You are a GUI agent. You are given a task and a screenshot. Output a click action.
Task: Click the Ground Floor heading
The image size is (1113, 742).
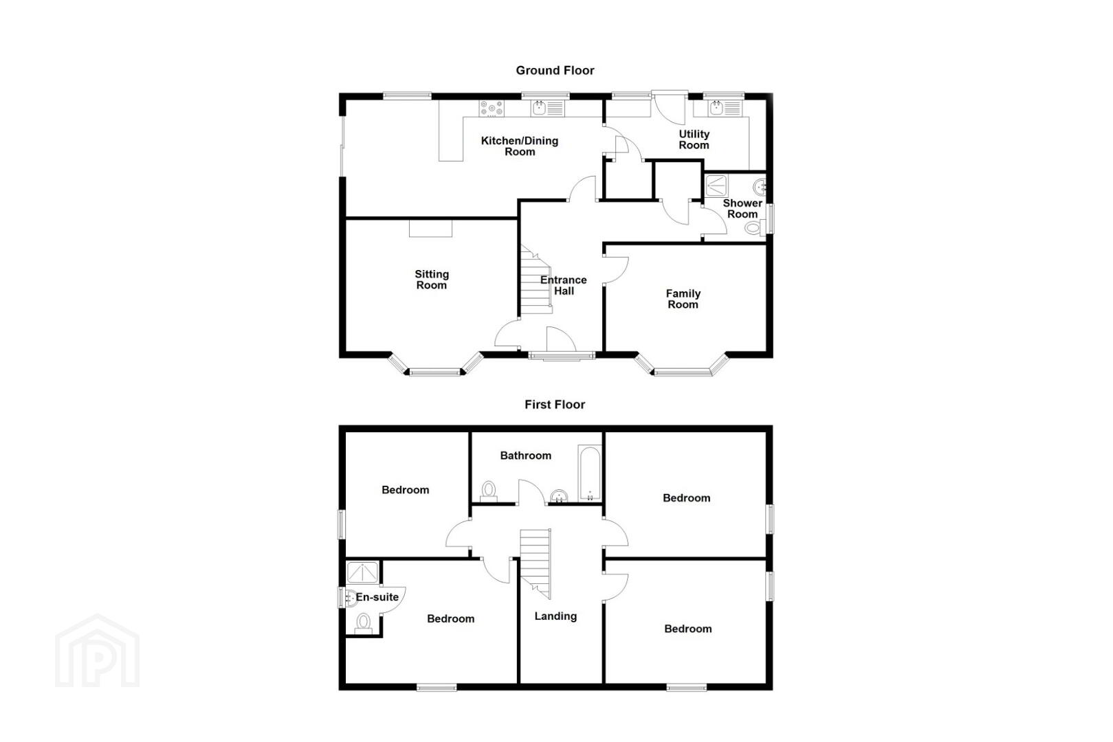point(555,71)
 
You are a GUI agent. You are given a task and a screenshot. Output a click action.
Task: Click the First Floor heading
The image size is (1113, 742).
point(555,405)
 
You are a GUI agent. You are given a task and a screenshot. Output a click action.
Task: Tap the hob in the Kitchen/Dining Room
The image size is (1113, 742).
point(492,109)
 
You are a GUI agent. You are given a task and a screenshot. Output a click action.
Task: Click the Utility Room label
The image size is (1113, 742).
point(694,139)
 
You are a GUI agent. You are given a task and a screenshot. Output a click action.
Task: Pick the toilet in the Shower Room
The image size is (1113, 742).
point(756,228)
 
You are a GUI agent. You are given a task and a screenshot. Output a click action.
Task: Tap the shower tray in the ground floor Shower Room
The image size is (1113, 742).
point(716,185)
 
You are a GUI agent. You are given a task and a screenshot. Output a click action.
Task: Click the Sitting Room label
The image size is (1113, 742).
point(431,280)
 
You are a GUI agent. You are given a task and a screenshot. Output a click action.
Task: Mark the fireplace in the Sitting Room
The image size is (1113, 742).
point(430,229)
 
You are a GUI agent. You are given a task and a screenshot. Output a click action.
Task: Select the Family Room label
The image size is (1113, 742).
point(683,299)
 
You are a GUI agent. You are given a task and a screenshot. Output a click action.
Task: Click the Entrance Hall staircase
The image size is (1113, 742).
point(536,279)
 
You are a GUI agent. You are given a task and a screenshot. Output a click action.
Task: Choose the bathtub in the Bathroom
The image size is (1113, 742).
point(589,473)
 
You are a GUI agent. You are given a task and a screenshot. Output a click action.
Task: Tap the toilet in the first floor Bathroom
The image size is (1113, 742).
point(489,491)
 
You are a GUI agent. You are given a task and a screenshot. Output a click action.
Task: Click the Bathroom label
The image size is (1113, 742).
point(525,456)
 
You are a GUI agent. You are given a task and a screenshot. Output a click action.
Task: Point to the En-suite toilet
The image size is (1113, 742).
point(363,623)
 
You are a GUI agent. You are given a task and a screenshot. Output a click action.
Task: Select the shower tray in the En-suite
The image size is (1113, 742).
point(362,572)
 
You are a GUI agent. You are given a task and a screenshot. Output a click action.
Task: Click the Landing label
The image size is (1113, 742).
point(555,616)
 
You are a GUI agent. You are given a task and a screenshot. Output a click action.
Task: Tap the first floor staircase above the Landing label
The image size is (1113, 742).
point(536,563)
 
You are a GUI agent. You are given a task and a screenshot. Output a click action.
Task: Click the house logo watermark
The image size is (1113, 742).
point(98,651)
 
